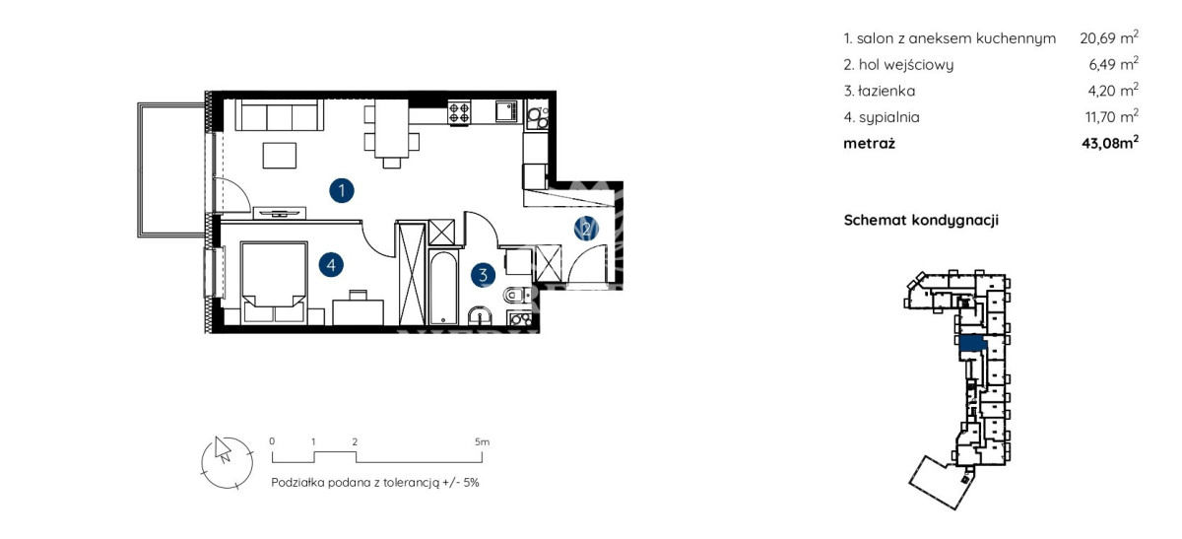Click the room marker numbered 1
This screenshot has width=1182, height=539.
point(342,190)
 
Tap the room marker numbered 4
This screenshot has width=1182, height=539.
point(331,265)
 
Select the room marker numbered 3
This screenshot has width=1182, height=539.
point(483,275)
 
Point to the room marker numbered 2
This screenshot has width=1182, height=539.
point(586,229)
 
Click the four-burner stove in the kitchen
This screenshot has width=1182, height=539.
point(459,113)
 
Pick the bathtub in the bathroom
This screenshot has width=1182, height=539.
point(443,288)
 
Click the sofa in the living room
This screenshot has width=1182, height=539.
point(279,114)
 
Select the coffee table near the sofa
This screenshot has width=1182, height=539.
point(280,156)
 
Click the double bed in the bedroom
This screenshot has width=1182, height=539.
point(274,283)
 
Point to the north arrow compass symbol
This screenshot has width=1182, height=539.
point(227,462)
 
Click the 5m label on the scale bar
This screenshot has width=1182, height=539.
point(482,441)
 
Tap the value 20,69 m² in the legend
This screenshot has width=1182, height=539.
point(1109,37)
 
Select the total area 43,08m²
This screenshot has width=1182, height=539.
point(1110,143)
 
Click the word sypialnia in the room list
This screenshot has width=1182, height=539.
point(889,117)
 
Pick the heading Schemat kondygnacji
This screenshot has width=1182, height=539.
point(921,220)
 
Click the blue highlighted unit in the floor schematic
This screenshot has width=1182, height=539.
point(972,344)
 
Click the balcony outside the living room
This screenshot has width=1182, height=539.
point(171,169)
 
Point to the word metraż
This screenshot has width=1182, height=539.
point(869,143)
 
